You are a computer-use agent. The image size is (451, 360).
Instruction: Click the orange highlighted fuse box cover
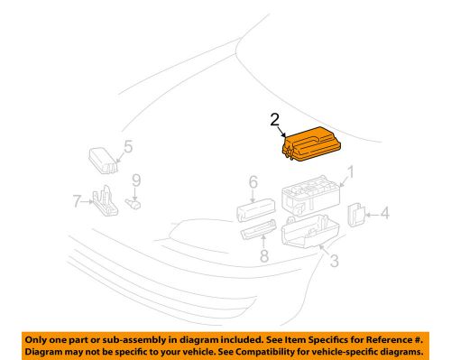(312, 145)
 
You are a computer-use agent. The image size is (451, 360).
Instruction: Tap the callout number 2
(274, 118)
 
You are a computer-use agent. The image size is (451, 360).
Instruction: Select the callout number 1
(351, 171)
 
